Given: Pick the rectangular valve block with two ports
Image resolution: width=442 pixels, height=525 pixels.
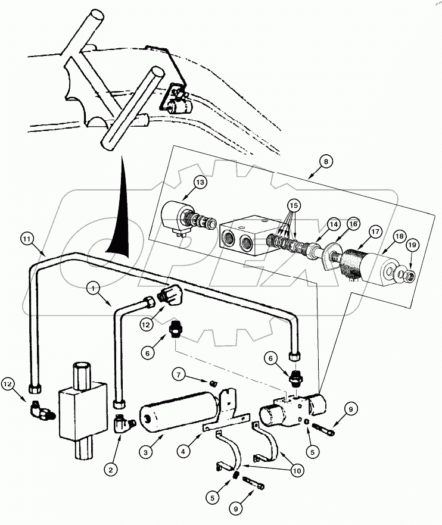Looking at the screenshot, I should [x=244, y=237].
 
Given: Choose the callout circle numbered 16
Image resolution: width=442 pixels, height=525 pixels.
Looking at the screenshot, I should [x=353, y=224].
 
